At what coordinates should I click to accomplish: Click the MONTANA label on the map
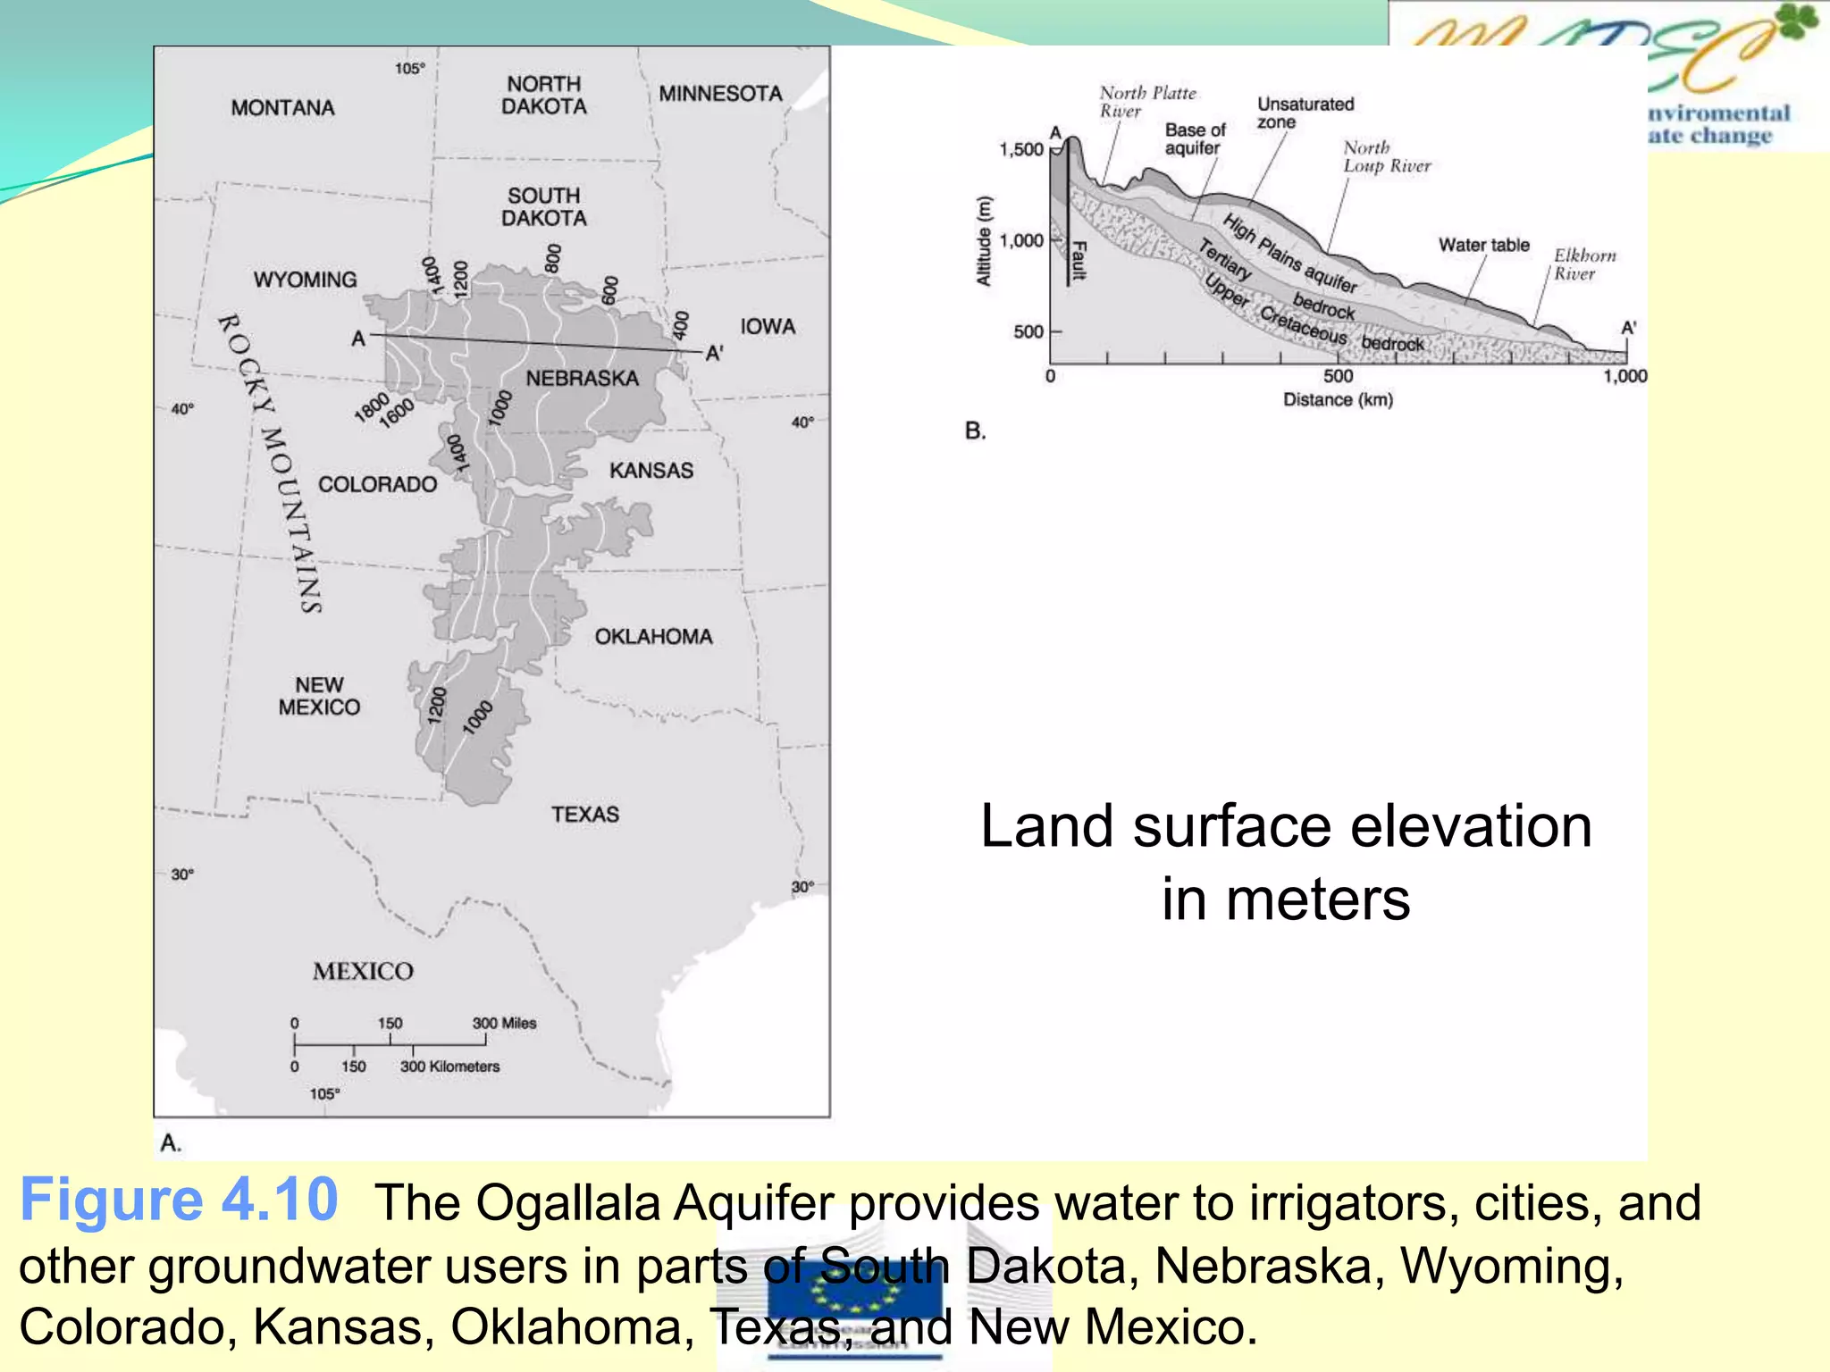tap(282, 108)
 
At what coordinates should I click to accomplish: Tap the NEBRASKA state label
tap(582, 379)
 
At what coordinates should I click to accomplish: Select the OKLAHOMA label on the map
tap(653, 637)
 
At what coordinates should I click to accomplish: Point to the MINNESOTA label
tap(720, 94)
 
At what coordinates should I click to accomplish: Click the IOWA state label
tap(767, 327)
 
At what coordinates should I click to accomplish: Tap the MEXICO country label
tap(363, 971)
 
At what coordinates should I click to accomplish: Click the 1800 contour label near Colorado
tap(371, 406)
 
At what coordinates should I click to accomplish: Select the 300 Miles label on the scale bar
tap(504, 1023)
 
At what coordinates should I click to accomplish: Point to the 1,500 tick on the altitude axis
tap(1021, 149)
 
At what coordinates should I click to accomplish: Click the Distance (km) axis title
tap(1338, 399)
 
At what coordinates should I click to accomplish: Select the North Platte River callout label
tap(1146, 102)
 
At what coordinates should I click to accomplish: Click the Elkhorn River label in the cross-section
tap(1584, 264)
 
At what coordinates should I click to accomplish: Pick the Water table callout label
tap(1483, 245)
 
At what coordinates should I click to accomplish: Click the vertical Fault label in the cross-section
tap(1079, 260)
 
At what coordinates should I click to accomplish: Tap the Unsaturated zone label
tap(1305, 113)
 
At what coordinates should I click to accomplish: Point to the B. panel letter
tap(975, 431)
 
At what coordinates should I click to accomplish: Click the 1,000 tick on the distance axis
tap(1624, 376)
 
